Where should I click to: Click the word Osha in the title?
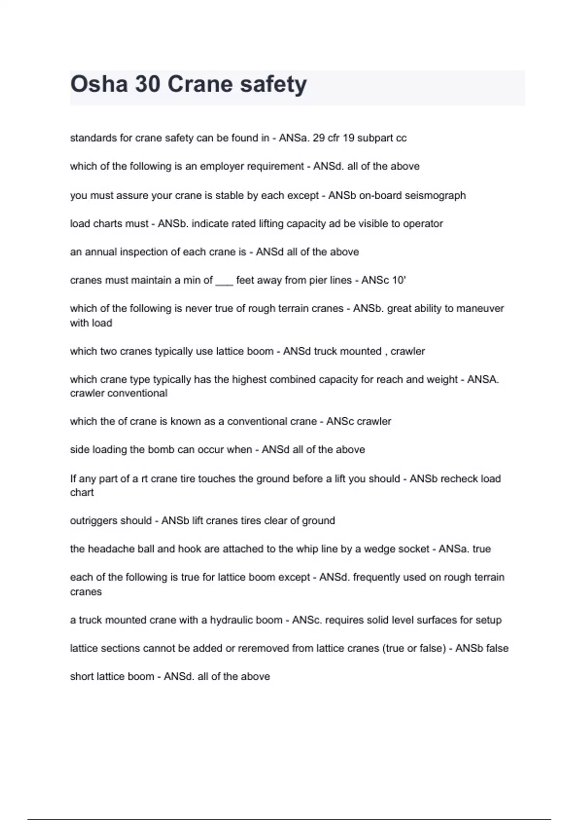coord(99,84)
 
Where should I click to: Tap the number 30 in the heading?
coord(148,84)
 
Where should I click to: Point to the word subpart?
coord(375,138)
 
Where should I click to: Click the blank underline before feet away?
coord(224,281)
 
